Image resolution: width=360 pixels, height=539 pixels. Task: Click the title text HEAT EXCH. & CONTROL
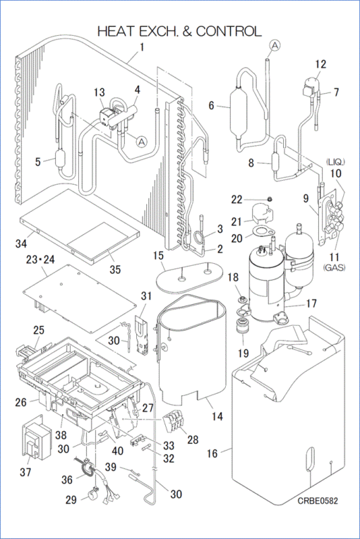[179, 31]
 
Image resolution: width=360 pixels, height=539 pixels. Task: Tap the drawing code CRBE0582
[318, 500]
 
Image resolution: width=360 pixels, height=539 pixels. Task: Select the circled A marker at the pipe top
[275, 45]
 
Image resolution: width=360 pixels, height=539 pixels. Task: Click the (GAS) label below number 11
[334, 267]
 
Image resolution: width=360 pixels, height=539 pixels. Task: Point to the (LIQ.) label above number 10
[334, 162]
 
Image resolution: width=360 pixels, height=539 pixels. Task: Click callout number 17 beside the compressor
[311, 303]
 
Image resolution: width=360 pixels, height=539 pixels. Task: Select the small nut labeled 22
[270, 199]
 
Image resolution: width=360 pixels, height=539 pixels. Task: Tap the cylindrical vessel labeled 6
[239, 108]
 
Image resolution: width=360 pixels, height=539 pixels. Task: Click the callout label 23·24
[40, 260]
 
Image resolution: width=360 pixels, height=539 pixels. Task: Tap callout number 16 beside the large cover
[212, 454]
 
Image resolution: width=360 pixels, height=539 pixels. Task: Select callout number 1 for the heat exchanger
[142, 47]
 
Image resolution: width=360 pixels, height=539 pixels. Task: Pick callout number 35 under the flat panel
[115, 269]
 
